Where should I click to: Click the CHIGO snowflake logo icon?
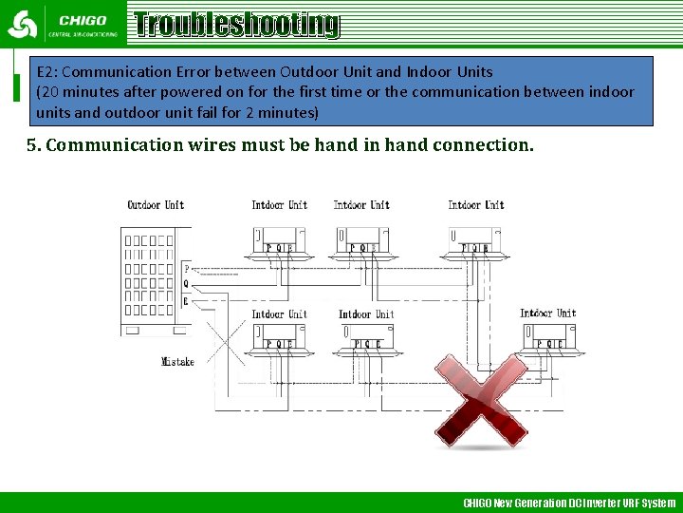[22, 24]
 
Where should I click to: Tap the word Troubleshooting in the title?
[236, 25]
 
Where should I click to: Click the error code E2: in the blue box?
[46, 72]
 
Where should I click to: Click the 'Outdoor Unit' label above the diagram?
[156, 205]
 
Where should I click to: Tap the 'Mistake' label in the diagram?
[177, 361]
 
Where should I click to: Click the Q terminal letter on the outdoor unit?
[186, 284]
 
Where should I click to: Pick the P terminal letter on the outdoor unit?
[186, 270]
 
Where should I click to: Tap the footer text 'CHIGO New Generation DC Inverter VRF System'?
[568, 503]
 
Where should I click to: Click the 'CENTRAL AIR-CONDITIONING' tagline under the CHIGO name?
[83, 35]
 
